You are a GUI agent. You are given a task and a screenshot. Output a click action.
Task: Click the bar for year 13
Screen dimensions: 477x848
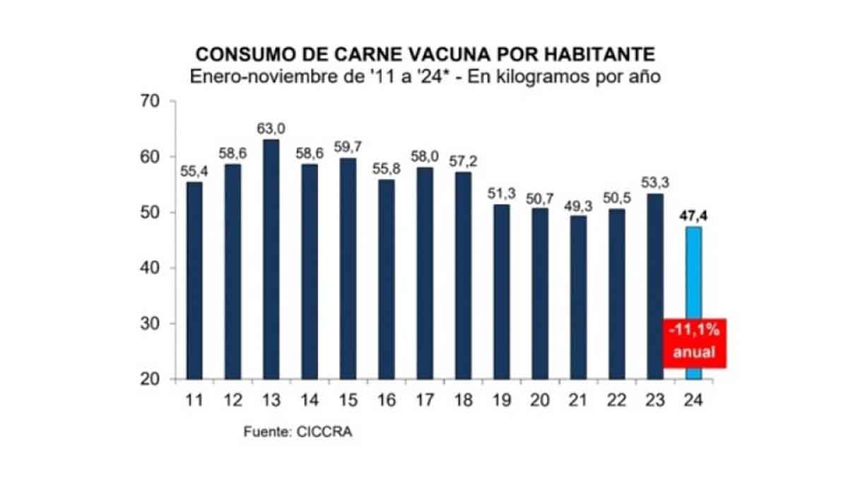tap(271, 259)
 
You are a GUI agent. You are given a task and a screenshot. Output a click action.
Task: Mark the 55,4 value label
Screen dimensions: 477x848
tap(194, 170)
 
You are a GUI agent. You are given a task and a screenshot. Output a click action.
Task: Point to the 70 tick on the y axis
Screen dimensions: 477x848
tap(154, 102)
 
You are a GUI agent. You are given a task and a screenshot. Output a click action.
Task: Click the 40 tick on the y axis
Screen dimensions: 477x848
tap(154, 269)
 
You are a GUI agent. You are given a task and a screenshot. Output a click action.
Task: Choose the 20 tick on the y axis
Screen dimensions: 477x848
tap(154, 379)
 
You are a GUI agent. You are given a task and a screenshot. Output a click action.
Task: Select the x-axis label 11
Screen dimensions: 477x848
tap(194, 400)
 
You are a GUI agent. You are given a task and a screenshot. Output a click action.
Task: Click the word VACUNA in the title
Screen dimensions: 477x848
tap(452, 54)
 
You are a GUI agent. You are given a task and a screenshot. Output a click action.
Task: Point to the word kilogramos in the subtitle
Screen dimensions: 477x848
tap(536, 77)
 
